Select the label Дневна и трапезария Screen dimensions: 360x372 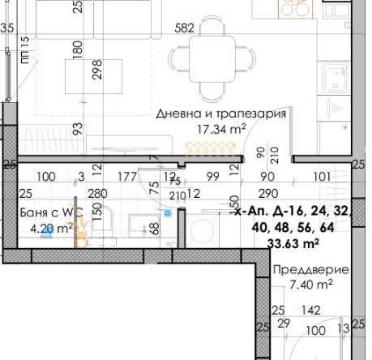[x=221, y=114]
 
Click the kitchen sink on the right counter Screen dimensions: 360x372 [x=334, y=79]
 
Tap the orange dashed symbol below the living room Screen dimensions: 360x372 [x=199, y=148]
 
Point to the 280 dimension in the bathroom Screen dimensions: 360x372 [x=97, y=193]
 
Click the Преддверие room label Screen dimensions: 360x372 [x=310, y=270]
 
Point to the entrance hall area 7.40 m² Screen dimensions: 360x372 [x=311, y=285]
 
